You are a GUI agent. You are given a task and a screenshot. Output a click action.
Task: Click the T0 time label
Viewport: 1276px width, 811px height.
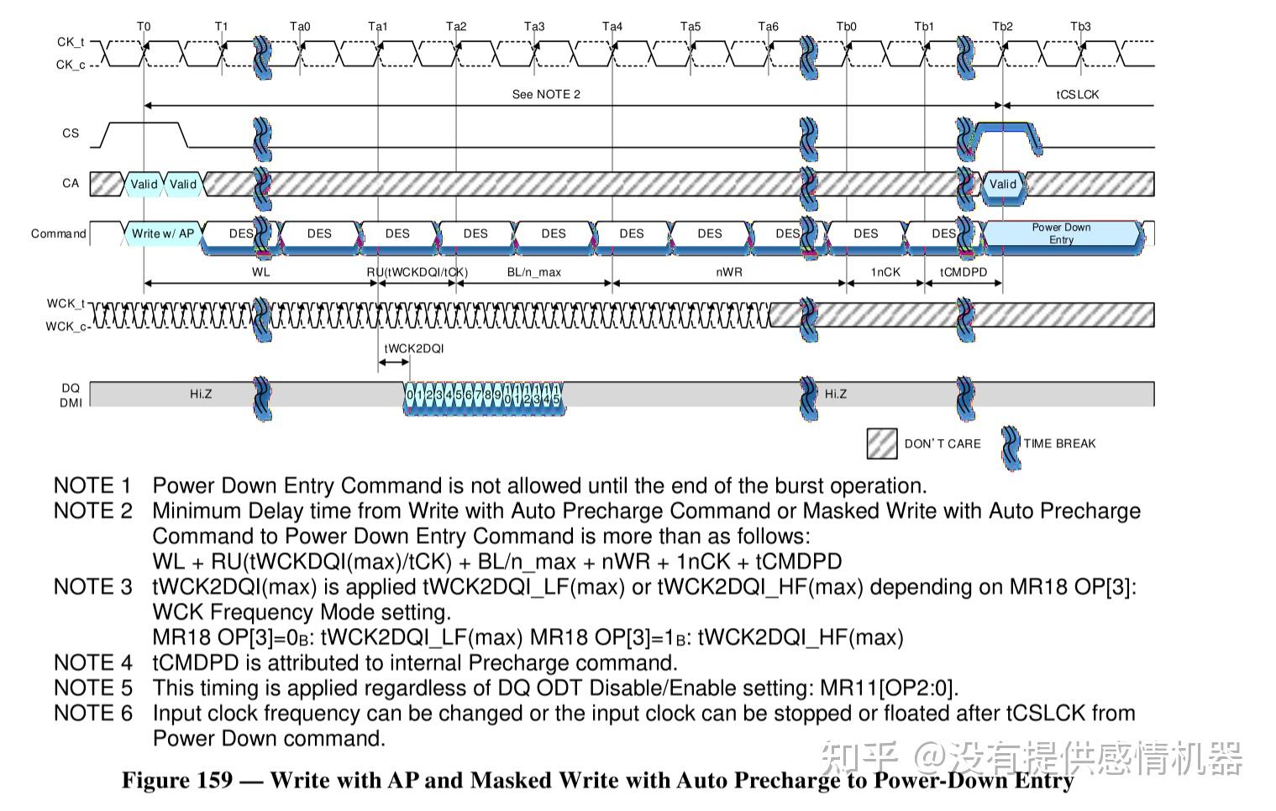click(144, 27)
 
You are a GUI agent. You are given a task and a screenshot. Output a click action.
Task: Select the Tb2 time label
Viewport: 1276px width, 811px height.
click(1003, 27)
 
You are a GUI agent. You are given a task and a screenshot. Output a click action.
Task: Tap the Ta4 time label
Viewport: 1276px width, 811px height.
click(612, 27)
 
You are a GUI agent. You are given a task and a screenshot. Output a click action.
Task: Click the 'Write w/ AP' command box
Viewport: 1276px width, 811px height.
click(163, 233)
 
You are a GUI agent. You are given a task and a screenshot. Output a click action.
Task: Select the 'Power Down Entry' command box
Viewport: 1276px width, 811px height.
click(1061, 233)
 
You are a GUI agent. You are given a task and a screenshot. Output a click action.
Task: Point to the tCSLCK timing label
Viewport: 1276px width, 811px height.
click(1077, 95)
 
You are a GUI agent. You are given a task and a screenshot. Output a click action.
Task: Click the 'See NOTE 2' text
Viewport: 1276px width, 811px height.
click(546, 95)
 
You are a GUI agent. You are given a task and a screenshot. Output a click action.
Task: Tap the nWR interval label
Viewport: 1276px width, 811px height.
click(729, 272)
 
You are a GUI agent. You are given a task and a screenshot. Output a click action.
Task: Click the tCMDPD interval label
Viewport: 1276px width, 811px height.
click(964, 272)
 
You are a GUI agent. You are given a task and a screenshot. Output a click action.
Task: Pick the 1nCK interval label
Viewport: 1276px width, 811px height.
click(885, 272)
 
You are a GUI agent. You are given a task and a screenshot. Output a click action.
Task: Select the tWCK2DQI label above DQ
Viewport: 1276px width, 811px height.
click(414, 348)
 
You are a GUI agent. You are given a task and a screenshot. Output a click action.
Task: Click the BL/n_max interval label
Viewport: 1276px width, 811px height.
click(533, 272)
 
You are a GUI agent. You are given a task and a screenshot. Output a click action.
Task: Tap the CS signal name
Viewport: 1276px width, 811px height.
click(71, 133)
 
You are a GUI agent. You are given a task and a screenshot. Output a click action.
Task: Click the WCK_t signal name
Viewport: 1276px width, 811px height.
click(66, 303)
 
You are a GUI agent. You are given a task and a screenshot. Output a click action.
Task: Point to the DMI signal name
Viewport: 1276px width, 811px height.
click(71, 403)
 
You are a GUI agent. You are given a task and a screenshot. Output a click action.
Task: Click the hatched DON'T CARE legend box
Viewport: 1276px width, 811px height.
click(882, 443)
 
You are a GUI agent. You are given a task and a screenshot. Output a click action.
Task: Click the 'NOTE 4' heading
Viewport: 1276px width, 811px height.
click(93, 663)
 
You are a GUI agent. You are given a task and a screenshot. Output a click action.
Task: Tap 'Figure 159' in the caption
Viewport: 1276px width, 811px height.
click(177, 780)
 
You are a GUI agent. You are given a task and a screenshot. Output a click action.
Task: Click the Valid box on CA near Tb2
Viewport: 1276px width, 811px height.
click(1003, 184)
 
